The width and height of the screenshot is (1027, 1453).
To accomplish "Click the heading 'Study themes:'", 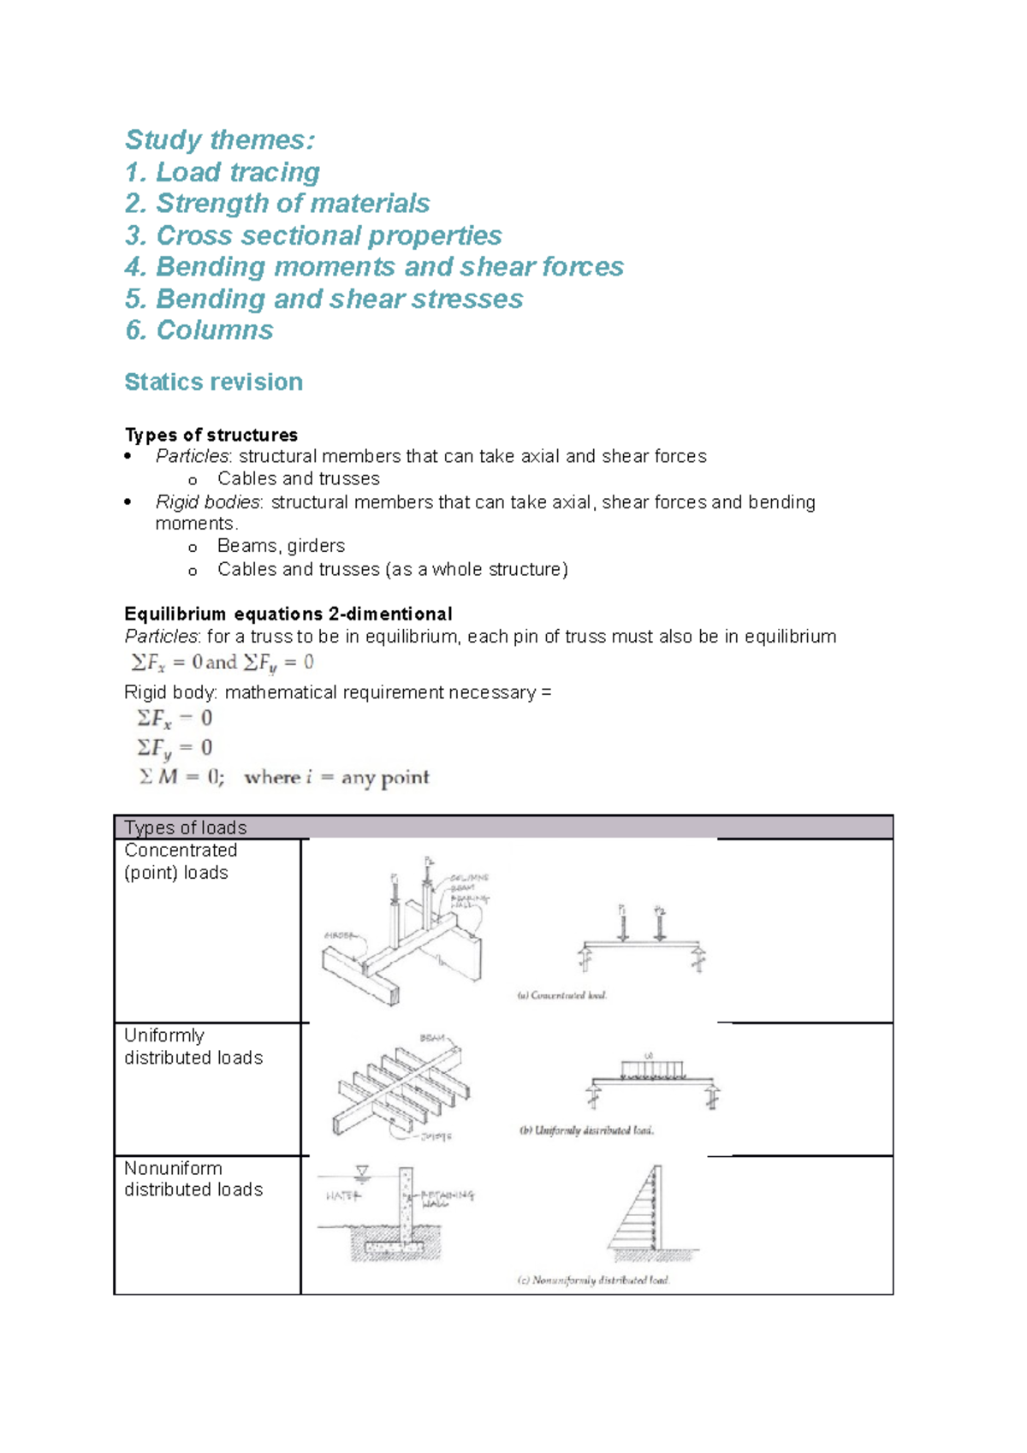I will point(220,139).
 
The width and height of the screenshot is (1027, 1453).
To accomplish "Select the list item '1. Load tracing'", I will point(223,172).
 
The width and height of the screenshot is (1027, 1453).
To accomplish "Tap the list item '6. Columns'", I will point(199,330).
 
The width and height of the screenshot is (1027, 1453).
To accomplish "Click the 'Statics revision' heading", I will point(213,382).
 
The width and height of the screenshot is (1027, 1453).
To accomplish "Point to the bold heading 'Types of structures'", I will point(211,435).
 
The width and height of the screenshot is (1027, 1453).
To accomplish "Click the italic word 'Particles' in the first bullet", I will point(192,456).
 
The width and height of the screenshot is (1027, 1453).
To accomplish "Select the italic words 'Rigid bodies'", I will point(208,502).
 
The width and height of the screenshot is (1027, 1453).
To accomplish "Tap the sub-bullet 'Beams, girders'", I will point(281,546).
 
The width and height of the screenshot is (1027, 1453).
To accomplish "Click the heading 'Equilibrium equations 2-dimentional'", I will point(288,614).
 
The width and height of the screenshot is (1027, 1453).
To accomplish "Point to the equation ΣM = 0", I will point(181,777).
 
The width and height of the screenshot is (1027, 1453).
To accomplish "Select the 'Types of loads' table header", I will point(186,827).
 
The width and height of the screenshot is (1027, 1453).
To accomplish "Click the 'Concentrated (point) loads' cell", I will point(181,862).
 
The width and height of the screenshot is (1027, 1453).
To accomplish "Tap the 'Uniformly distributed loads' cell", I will point(193,1047).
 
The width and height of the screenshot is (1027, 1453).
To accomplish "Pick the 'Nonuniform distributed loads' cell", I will point(193,1179).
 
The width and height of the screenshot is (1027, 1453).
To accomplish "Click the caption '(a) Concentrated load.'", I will point(561,995).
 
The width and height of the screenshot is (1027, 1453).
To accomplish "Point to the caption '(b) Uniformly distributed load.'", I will point(586,1130).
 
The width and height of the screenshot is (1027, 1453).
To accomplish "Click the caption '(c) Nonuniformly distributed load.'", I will point(593,1280).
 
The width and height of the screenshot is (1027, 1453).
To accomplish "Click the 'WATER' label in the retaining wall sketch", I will point(342,1195).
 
